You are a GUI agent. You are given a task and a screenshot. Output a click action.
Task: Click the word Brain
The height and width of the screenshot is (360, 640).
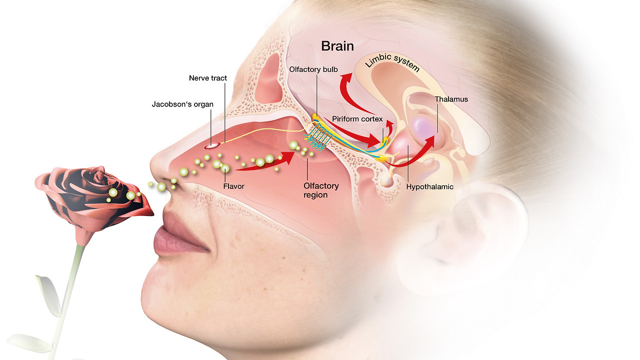[x=337, y=46]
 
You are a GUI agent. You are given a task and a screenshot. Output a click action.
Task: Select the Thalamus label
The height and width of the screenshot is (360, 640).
[x=451, y=99]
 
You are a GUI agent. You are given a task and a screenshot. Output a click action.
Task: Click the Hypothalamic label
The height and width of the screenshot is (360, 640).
[x=429, y=186]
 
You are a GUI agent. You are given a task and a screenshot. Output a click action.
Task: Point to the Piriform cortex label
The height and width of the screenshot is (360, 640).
[x=357, y=119]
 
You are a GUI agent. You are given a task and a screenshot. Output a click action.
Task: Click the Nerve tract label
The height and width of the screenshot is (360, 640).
[x=208, y=78]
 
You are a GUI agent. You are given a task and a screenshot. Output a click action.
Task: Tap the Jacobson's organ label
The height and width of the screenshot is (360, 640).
[x=182, y=104]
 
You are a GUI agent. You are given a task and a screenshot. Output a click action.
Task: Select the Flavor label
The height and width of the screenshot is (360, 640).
[x=233, y=186]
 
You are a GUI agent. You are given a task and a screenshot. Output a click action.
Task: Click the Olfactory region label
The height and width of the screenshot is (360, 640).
[x=321, y=190]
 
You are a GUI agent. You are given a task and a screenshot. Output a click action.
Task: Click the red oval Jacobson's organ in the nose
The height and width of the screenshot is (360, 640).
[x=212, y=145]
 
